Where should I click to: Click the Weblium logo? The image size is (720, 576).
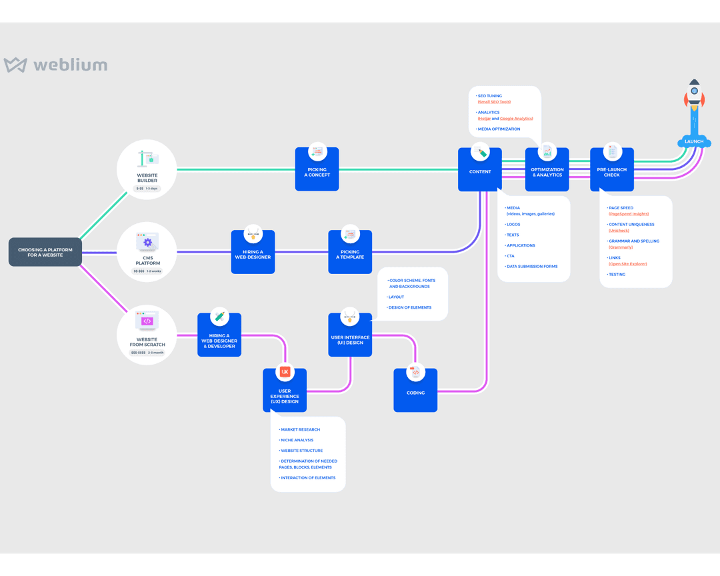(x=55, y=65)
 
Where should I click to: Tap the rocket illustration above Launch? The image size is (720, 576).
(x=694, y=100)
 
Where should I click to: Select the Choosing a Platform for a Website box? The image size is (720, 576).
(x=45, y=252)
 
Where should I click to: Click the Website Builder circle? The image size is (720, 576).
(x=147, y=169)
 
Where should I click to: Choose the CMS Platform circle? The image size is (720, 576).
(x=147, y=251)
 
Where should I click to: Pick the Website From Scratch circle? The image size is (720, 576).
(x=147, y=335)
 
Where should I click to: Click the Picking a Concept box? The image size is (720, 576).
(x=317, y=169)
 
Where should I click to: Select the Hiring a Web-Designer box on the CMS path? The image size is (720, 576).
(x=253, y=251)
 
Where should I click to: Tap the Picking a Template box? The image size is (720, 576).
(x=350, y=251)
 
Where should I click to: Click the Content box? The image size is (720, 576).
(x=480, y=169)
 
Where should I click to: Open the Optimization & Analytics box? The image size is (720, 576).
(x=547, y=169)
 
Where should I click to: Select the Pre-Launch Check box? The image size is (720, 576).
(x=612, y=169)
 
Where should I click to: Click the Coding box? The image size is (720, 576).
(x=415, y=390)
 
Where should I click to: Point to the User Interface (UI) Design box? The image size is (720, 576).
(x=350, y=335)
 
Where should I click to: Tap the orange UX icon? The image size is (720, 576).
(x=285, y=372)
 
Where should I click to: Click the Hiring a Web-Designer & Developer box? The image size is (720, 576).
(x=219, y=335)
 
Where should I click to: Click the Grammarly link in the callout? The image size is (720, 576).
(x=621, y=247)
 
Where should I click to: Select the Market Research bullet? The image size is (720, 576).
(x=301, y=430)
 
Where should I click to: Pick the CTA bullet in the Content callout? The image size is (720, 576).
(x=511, y=256)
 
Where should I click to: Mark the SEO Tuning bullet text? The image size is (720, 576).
(x=490, y=96)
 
